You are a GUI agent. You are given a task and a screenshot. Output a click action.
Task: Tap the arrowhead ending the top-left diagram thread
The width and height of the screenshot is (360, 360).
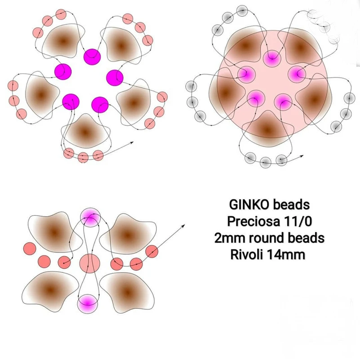pos(133,143)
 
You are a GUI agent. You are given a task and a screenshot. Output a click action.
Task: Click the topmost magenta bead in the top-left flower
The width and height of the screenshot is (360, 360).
pos(92,55)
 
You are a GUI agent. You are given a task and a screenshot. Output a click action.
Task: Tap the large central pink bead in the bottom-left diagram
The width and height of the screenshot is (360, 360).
pos(90,263)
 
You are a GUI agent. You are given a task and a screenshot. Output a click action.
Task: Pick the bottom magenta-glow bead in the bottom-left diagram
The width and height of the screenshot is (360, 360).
pos(88,303)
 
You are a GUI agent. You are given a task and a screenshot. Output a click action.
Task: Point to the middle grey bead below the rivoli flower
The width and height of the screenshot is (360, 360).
pos(266,162)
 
